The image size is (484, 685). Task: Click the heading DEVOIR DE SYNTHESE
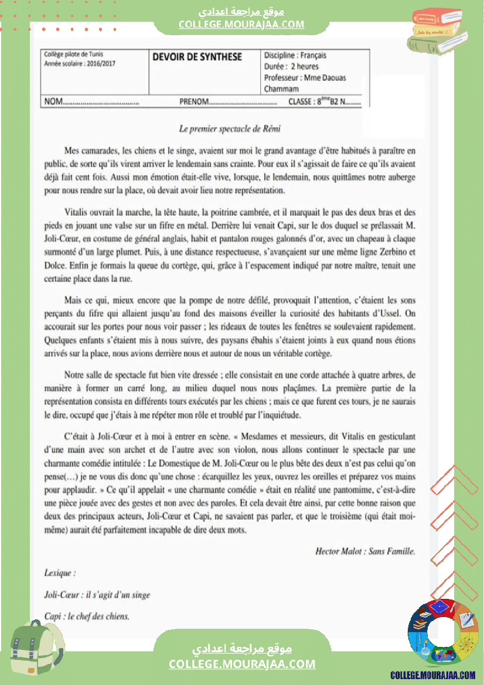[197, 57]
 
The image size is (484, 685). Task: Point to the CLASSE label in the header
[302, 102]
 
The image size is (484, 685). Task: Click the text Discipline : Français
[295, 56]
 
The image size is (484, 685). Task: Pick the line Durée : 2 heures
[291, 67]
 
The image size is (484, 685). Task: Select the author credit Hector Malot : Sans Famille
[365, 551]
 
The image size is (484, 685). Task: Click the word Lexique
[60, 573]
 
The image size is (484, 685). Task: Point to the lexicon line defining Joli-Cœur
[97, 595]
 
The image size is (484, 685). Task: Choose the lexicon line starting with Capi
[87, 616]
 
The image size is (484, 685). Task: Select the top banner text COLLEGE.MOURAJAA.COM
[241, 24]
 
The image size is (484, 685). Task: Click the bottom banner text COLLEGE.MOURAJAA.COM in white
[242, 664]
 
